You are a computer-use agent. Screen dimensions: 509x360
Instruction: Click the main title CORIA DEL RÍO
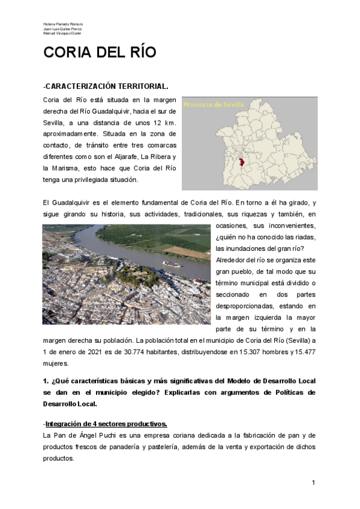pos(100,53)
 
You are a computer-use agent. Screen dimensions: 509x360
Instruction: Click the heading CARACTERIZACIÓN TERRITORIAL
pos(106,87)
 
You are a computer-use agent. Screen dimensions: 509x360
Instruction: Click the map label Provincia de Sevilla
pos(214,104)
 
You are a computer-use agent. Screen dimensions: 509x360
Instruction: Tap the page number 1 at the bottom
pos(313,483)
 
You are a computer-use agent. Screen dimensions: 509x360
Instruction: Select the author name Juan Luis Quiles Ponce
pos(62,29)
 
